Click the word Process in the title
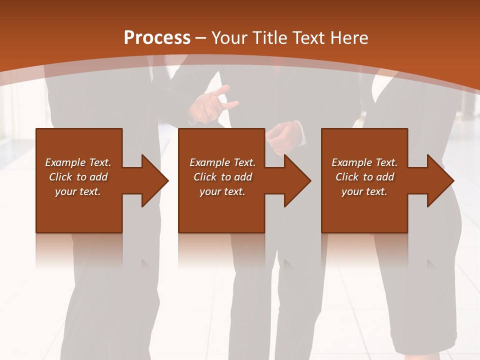click(157, 38)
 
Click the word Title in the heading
click(269, 38)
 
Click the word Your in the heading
click(230, 38)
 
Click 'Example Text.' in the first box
click(78, 162)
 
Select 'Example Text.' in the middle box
click(222, 162)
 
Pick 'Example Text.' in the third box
click(364, 162)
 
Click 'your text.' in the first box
click(78, 191)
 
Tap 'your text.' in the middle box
click(222, 191)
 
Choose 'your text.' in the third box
click(364, 191)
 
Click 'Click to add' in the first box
click(78, 177)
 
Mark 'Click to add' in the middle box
click(222, 177)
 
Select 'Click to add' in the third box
click(364, 177)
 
